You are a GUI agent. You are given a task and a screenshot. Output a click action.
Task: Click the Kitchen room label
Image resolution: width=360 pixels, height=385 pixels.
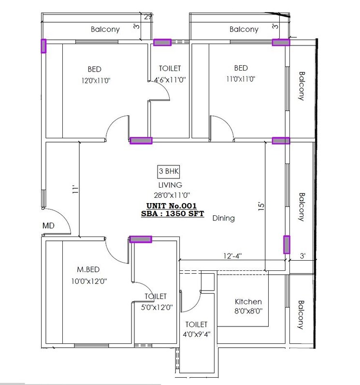tap(248, 301)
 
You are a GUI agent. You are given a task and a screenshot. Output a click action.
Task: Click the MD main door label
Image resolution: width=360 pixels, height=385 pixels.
tap(48, 226)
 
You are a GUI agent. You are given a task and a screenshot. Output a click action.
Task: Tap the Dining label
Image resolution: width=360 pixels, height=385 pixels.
tap(223, 218)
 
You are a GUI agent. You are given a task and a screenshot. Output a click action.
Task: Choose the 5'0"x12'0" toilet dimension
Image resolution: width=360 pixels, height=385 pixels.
tap(156, 306)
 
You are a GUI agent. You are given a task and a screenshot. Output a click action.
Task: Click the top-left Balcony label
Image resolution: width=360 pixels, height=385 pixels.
tap(105, 30)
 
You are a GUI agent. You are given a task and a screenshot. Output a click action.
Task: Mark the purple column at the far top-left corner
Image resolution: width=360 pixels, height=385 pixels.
tap(43, 46)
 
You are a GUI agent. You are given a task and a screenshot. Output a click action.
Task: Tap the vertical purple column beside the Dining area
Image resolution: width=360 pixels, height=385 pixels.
tap(287, 245)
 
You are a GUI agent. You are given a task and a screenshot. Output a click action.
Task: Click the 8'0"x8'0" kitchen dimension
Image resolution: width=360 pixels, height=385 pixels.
tap(248, 311)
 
